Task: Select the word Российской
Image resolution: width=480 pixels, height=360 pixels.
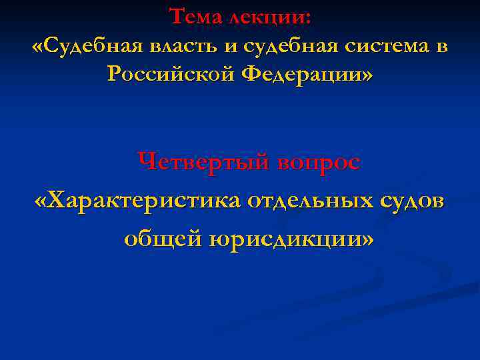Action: [169, 75]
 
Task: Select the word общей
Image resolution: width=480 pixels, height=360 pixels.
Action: [158, 238]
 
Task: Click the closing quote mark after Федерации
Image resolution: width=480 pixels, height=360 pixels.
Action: [367, 75]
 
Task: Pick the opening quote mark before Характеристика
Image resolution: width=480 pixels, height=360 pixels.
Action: [41, 201]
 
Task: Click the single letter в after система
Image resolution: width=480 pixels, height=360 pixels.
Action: [442, 48]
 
